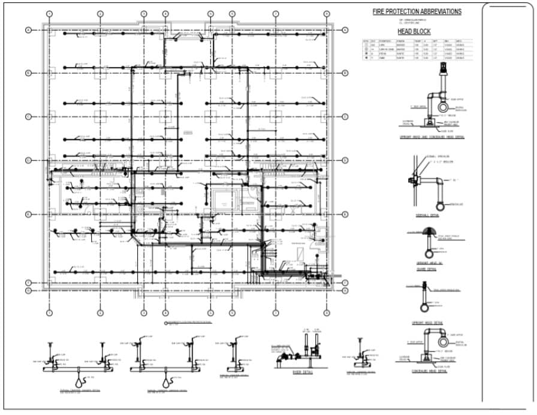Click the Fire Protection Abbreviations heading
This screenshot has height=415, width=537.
417,11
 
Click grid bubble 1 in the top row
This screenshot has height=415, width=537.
50,13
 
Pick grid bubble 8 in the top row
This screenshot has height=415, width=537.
327,13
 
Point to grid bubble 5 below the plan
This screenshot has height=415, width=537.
210,312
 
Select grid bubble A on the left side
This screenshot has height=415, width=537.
28,30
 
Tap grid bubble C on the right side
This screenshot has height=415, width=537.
346,116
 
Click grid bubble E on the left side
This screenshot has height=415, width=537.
28,214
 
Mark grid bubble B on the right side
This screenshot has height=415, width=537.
346,73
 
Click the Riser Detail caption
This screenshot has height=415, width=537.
300,372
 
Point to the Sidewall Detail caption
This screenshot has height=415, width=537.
427,216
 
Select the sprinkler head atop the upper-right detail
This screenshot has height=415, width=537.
444,67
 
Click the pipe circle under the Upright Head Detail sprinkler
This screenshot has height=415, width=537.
427,308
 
